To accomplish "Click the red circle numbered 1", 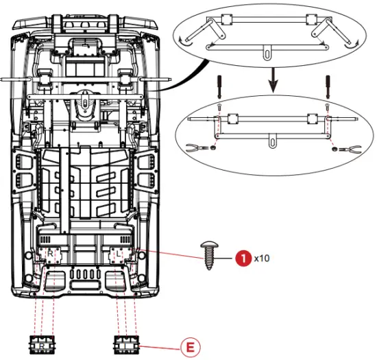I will point(242,259).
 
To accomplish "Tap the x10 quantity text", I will point(262,259).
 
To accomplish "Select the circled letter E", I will point(189,346).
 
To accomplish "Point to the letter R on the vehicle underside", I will point(49,254).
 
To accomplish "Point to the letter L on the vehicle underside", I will point(119,254).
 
